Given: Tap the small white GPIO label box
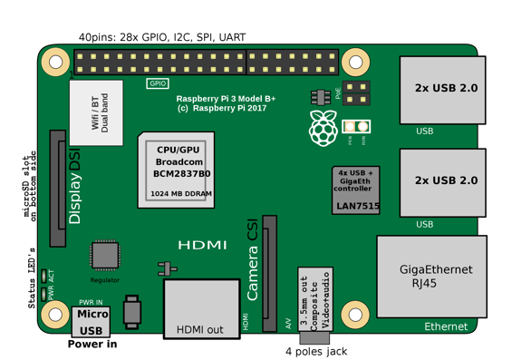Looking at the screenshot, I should point(158,83).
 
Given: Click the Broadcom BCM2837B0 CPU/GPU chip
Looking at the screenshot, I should point(179,170).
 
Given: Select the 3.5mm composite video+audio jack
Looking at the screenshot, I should point(315,299).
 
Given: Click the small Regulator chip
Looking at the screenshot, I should point(105,256).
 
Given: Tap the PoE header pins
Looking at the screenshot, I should point(357,92).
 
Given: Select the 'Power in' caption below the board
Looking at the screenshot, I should point(92,345).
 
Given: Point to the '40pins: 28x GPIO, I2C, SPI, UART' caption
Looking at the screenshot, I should point(161,38).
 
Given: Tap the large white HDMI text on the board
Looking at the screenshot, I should point(202,246).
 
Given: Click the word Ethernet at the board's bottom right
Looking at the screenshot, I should point(446,326).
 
